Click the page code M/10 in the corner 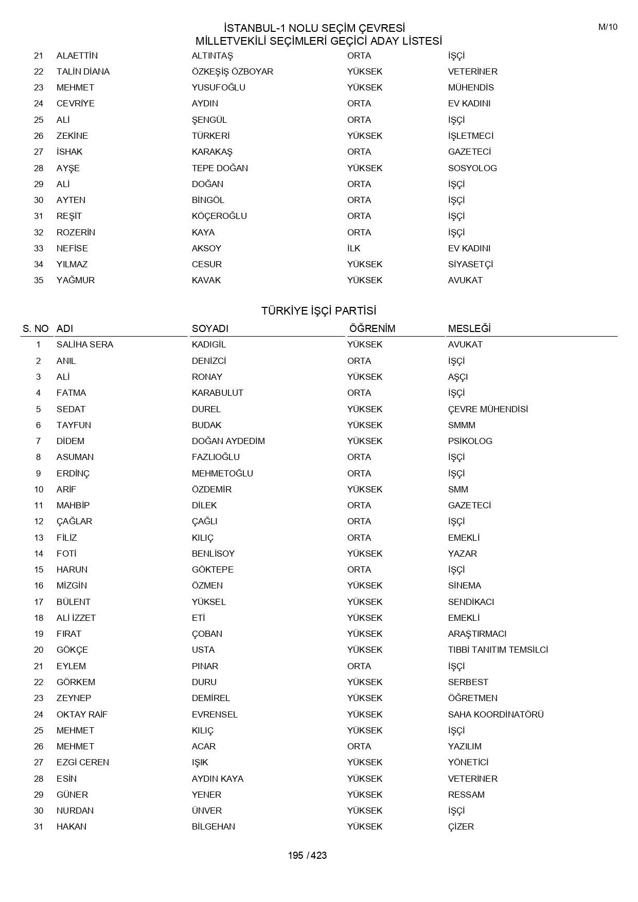608,27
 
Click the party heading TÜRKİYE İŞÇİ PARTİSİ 318,311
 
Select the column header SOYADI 210,329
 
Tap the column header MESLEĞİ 469,329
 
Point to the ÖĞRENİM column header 372,329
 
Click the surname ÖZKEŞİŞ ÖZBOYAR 232,71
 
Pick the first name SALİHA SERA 85,344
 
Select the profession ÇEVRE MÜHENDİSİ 488,409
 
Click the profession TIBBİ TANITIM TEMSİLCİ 498,650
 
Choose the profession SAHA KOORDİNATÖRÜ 495,714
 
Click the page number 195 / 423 307,856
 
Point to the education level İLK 354,248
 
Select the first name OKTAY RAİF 82,714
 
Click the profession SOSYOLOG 472,168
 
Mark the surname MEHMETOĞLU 222,473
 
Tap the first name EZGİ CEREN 83,762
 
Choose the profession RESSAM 466,795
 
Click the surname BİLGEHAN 213,826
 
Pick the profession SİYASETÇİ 470,264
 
